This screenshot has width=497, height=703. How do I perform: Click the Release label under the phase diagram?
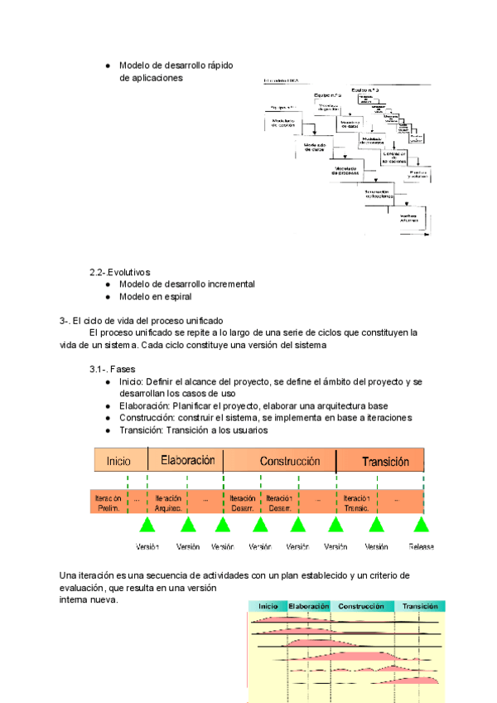(x=422, y=547)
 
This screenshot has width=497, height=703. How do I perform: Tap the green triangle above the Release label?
(x=421, y=524)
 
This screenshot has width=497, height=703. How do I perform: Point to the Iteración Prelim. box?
(x=108, y=503)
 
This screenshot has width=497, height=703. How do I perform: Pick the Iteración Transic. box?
(x=356, y=503)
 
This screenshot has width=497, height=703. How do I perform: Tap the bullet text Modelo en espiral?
(x=155, y=296)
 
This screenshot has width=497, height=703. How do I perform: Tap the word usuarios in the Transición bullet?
(x=248, y=430)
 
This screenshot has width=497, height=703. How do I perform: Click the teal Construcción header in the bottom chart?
(x=361, y=607)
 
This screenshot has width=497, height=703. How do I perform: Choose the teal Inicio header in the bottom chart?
(x=268, y=607)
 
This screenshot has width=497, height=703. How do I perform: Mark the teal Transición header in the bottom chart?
(x=419, y=607)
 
